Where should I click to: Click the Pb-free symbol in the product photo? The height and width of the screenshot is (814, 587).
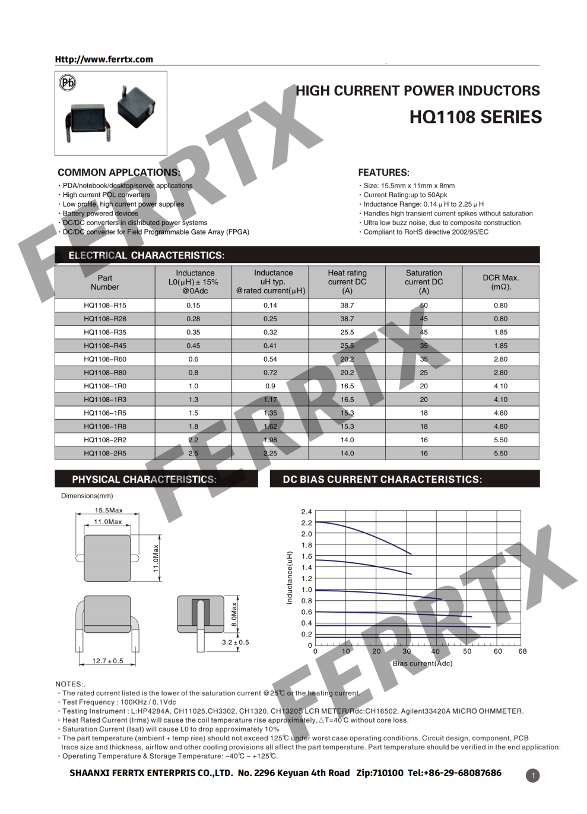click(68, 83)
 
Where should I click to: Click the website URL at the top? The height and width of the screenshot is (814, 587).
click(104, 59)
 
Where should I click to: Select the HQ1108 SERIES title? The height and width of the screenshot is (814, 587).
click(475, 117)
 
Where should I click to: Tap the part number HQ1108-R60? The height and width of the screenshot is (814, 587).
click(105, 359)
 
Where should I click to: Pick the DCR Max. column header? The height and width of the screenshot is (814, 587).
click(500, 282)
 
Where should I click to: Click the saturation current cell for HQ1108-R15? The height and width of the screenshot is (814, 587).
click(424, 305)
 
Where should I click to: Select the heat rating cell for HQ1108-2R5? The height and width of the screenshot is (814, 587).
click(347, 453)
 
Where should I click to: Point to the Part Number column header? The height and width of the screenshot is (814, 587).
click(105, 282)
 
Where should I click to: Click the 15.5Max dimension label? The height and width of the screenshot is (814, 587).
click(109, 510)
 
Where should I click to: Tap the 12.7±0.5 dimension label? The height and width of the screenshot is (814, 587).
click(107, 661)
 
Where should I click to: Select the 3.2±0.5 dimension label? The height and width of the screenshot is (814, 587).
click(236, 642)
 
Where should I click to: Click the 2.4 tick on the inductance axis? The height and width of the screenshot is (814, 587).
click(306, 512)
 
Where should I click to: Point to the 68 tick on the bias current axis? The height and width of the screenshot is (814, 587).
click(522, 651)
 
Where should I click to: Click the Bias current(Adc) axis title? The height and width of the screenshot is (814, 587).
click(423, 663)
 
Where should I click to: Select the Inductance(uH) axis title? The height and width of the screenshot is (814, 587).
click(290, 578)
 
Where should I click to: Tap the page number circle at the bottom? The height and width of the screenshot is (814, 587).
click(533, 775)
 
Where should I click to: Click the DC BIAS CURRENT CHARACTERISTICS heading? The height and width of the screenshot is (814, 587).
click(382, 479)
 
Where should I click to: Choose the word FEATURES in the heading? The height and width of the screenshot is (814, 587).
click(383, 173)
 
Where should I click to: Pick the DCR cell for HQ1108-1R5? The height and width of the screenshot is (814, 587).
click(500, 413)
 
